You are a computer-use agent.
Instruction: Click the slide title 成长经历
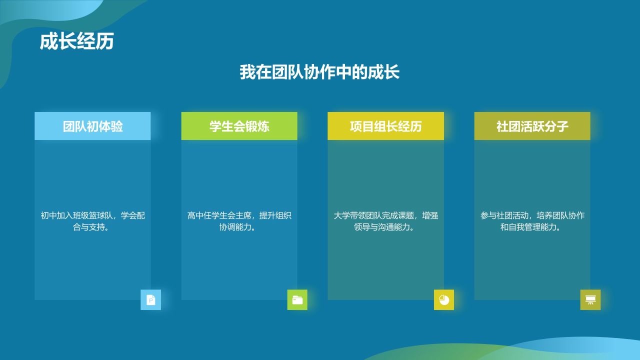tap(76, 42)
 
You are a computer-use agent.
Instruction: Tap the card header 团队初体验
tap(92, 126)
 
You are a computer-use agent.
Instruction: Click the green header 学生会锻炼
tap(239, 126)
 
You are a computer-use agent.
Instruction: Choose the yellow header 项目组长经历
tap(385, 126)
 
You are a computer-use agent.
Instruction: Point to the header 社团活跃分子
tap(532, 126)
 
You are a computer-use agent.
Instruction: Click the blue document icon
tap(150, 299)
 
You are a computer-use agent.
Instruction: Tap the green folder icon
tap(297, 299)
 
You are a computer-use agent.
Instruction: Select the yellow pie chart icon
tap(444, 299)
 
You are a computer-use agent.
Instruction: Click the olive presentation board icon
tap(590, 299)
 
